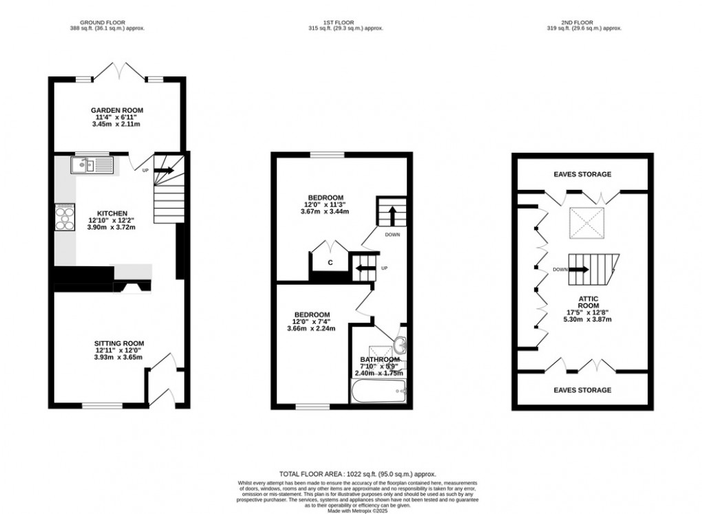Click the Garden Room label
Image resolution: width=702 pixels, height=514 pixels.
pos(116,110)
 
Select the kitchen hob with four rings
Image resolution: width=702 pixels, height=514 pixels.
pos(65,217)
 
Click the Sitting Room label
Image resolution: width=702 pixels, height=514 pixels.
pos(119,343)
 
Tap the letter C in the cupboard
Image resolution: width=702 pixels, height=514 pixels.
pos(330,262)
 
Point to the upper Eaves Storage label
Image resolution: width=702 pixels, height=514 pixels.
pos(583,175)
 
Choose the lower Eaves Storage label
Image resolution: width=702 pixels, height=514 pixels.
pos(583,390)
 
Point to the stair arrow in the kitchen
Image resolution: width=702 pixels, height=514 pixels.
pos(166,170)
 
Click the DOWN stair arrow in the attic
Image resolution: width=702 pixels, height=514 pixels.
pos(579,269)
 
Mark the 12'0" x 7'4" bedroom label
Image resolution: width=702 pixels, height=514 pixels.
pos(312,314)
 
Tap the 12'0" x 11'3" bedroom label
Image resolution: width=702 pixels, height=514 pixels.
pos(325,197)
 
